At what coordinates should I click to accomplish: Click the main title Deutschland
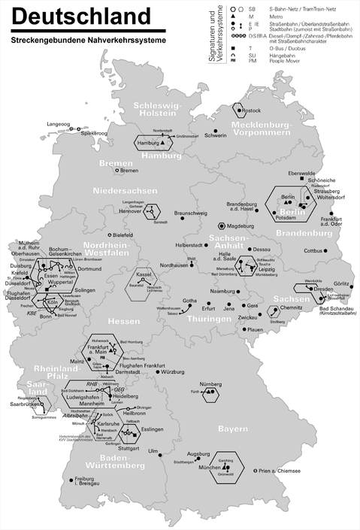coord(81,17)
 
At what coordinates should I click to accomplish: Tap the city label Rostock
coord(253,111)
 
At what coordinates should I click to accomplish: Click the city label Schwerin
coord(216,135)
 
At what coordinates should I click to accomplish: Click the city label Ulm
coord(153,451)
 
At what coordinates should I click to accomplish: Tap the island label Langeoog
coord(58,123)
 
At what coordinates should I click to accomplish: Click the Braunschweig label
coord(191,213)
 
